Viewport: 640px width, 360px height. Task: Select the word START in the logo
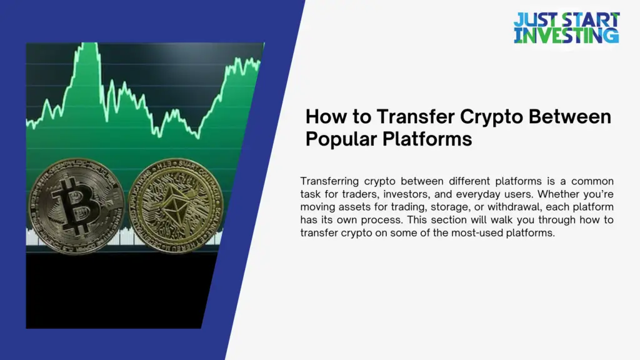click(590, 19)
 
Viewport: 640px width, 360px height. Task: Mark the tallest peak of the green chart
click(92, 45)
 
